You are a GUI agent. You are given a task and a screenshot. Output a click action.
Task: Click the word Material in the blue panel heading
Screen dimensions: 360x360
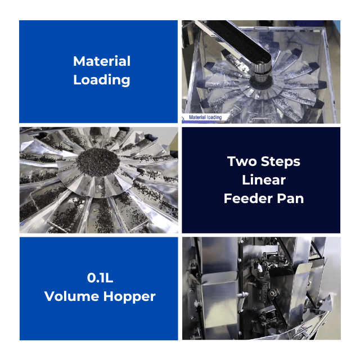pos(102,61)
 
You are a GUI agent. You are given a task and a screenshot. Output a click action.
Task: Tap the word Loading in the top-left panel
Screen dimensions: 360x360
pos(102,80)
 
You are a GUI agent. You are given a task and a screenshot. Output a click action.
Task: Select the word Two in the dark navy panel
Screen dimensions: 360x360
pos(242,161)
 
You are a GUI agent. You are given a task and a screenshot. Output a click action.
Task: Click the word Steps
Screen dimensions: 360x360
pos(281,161)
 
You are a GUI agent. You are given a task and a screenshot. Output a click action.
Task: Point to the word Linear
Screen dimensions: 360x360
pos(264,180)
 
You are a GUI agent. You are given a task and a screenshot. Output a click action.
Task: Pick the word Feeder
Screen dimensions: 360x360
pos(248,199)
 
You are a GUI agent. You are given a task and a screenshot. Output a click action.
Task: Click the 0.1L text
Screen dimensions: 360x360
pos(100,278)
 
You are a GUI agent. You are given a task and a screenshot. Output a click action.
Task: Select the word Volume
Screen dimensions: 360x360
pos(71,296)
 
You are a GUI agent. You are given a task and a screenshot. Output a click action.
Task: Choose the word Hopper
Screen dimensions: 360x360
pos(129,297)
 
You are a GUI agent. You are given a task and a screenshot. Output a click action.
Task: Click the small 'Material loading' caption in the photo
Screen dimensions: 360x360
pos(205,118)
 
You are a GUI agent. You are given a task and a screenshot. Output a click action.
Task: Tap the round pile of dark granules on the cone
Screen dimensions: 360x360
pos(98,162)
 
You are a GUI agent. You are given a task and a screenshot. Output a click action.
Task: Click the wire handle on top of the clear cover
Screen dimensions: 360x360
pos(261,29)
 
